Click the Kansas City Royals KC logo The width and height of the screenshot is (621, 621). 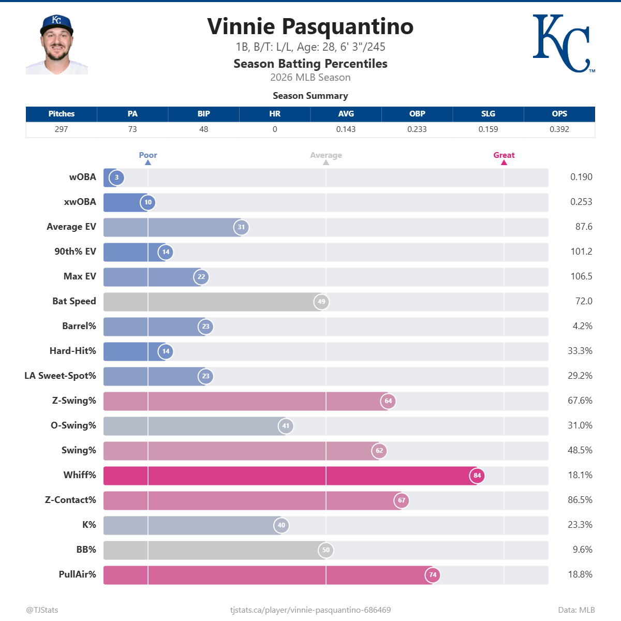point(563,43)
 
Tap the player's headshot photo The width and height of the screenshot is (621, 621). point(57,45)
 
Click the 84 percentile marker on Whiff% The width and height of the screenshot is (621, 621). point(477,475)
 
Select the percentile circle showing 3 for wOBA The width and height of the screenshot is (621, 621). point(117,178)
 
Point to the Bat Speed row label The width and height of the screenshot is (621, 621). point(74,301)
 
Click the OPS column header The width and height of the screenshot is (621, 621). point(559,114)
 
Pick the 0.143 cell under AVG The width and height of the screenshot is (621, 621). point(346,129)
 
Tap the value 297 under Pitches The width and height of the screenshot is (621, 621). point(61,129)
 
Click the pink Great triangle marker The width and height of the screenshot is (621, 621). point(504,162)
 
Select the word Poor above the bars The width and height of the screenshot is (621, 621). point(148,155)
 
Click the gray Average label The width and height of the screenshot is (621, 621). point(326,155)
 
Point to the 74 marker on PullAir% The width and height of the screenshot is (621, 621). point(433,574)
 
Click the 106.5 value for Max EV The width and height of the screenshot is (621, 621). point(581,276)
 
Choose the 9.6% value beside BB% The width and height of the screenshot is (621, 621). point(582,550)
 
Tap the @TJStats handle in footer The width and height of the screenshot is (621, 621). point(42,610)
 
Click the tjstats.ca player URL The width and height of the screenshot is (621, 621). point(310,610)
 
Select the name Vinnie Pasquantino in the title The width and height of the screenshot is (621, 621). point(310,27)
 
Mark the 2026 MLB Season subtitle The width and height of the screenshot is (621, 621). point(310,78)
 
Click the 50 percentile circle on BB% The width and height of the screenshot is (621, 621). point(326,550)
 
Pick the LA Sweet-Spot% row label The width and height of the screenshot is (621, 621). point(60,376)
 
